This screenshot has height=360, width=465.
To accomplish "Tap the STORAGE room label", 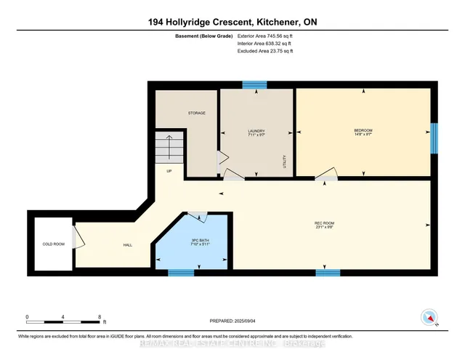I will (197, 113).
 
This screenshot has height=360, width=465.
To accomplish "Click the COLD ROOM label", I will (54, 244).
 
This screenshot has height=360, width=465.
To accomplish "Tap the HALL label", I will (127, 244).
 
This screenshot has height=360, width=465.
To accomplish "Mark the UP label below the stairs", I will (169, 172).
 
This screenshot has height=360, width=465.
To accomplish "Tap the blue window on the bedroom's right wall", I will (434, 137).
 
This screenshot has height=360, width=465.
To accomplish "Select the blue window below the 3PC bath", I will (181, 273).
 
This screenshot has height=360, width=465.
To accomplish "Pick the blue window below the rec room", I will (328, 273).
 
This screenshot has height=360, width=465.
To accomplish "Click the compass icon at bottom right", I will (429, 317).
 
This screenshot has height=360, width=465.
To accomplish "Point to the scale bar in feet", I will (63, 319).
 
